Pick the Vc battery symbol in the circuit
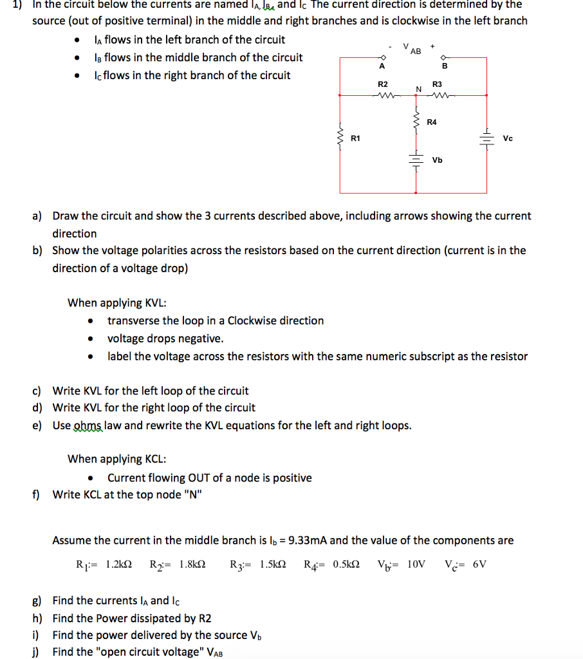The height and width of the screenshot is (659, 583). click(486, 138)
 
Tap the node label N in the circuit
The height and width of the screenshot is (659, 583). click(418, 88)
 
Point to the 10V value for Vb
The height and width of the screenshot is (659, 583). click(417, 564)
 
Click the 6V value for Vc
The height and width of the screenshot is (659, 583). click(479, 564)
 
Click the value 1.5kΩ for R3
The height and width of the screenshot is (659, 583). click(273, 564)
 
